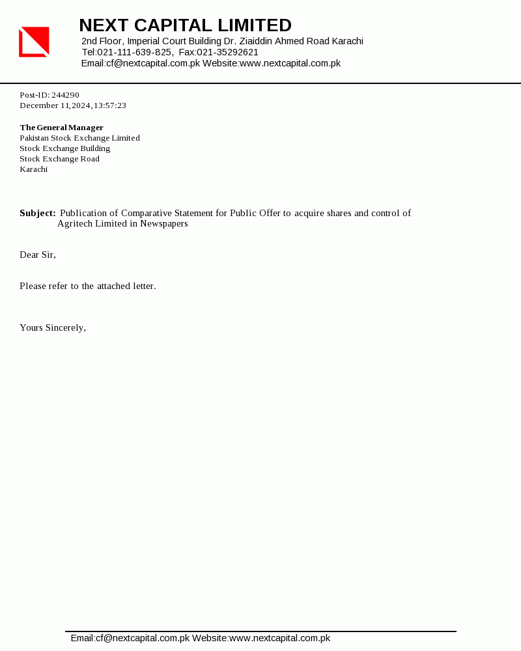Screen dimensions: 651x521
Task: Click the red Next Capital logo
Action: pos(34,42)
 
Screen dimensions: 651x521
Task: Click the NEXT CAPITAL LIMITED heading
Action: pos(185,25)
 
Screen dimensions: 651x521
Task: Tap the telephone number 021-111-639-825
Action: pos(135,52)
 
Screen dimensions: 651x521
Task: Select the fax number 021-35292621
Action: pos(227,52)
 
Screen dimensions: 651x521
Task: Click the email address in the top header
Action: pos(152,63)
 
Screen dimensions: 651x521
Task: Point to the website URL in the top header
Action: pos(290,63)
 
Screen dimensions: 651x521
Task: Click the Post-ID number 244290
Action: pos(65,95)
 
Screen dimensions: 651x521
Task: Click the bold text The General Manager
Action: pos(61,128)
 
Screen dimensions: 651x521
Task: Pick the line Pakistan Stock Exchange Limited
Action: pos(79,138)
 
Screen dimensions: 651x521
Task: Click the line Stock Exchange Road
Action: pos(59,159)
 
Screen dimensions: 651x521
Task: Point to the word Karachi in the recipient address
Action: pos(33,169)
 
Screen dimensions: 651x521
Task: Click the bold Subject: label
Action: pos(37,213)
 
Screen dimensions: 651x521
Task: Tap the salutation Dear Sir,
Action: pos(38,255)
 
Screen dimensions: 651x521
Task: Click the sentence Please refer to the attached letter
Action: pos(88,286)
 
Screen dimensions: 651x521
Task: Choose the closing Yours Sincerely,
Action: pos(53,327)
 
